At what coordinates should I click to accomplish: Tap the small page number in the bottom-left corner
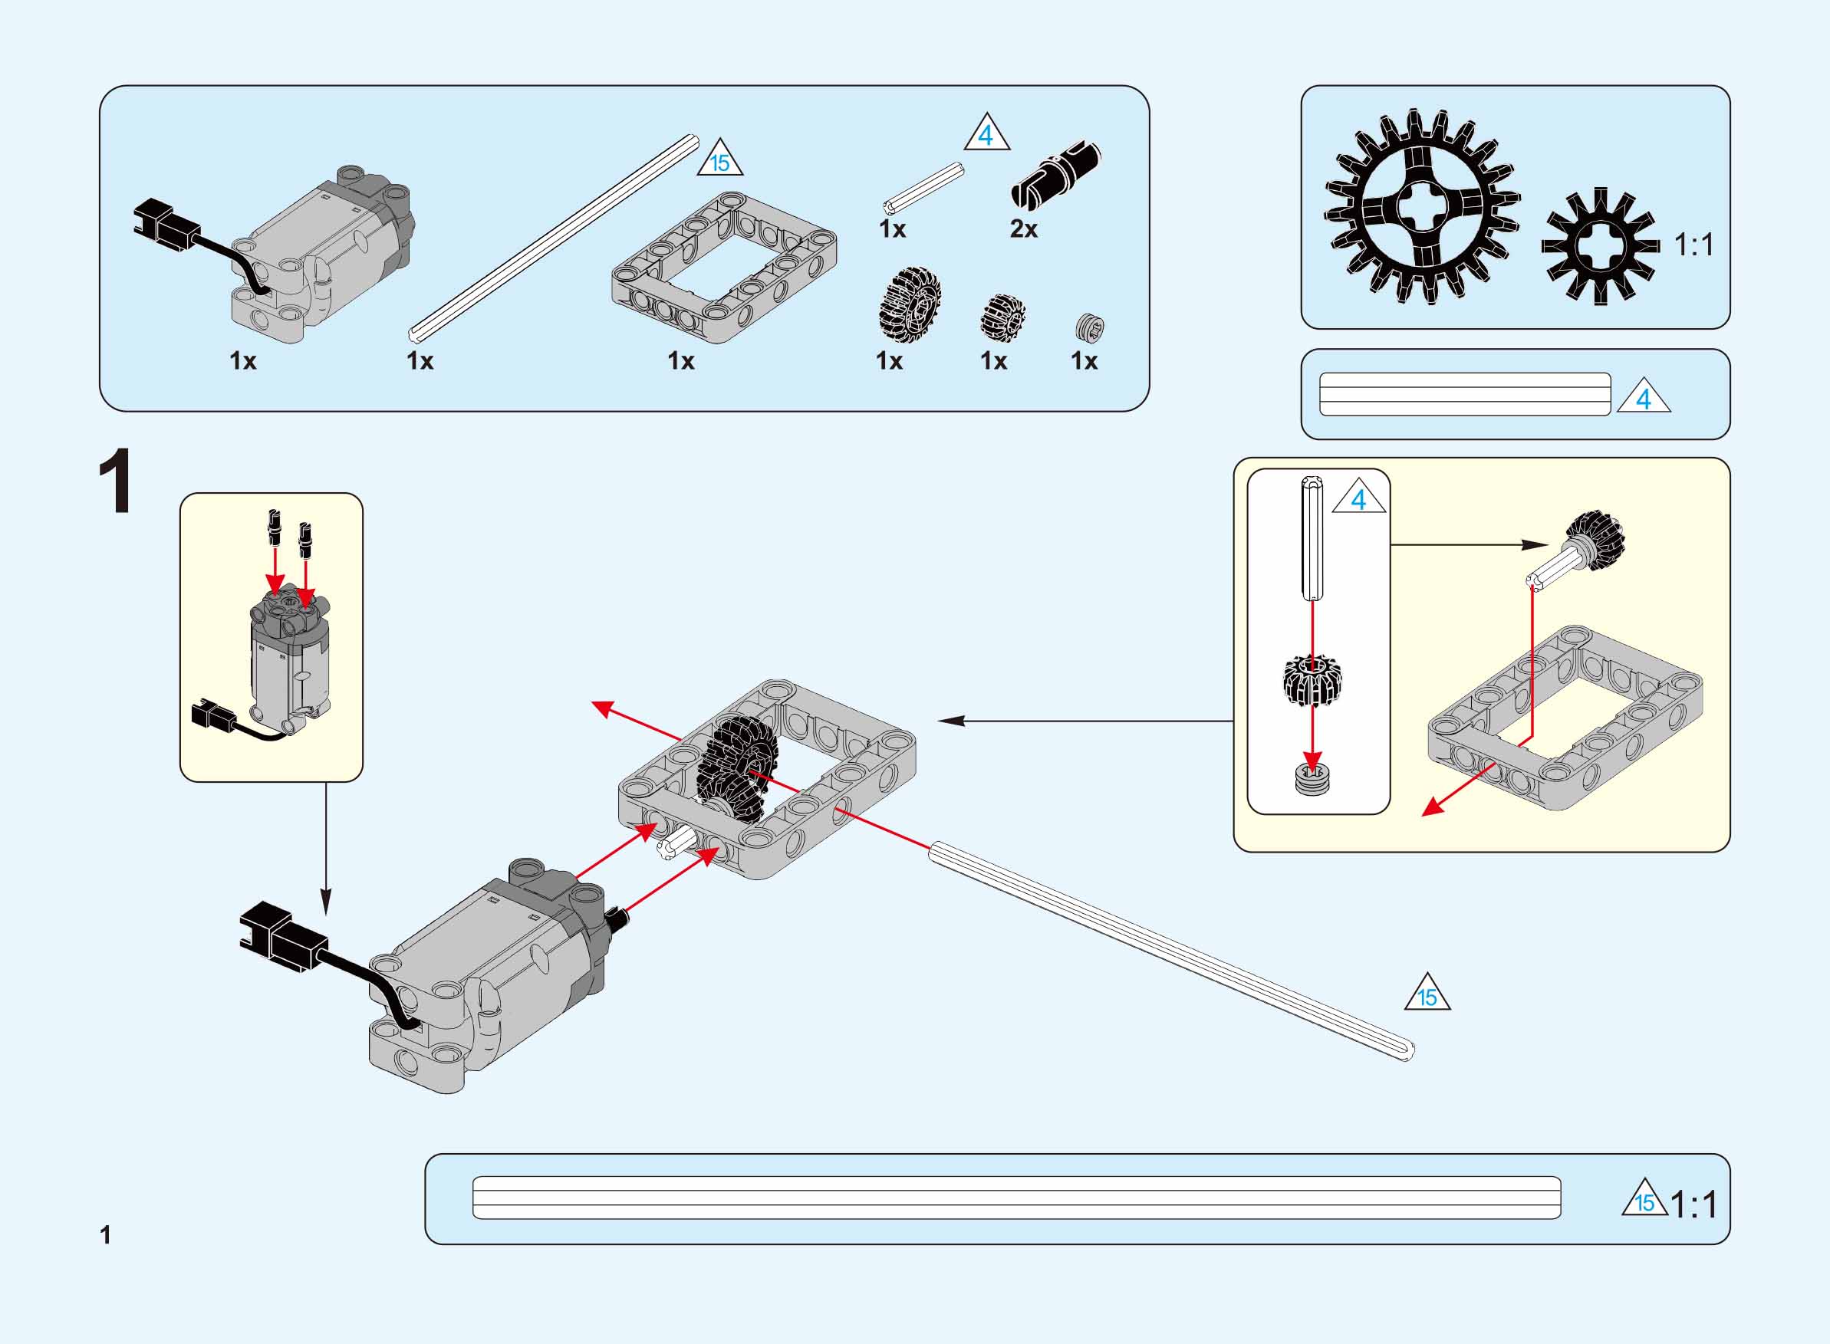105,1235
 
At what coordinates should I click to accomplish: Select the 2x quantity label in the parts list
1024,229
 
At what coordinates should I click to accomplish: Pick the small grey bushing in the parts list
1090,327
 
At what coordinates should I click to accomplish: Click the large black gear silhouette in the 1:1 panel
1421,208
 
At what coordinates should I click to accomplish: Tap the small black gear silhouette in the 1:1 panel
1600,247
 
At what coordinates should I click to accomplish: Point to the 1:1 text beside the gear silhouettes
1693,244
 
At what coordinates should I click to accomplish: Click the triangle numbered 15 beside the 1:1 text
1644,1198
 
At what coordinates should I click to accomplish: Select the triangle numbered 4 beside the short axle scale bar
1644,397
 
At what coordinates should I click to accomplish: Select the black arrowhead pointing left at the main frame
950,721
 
